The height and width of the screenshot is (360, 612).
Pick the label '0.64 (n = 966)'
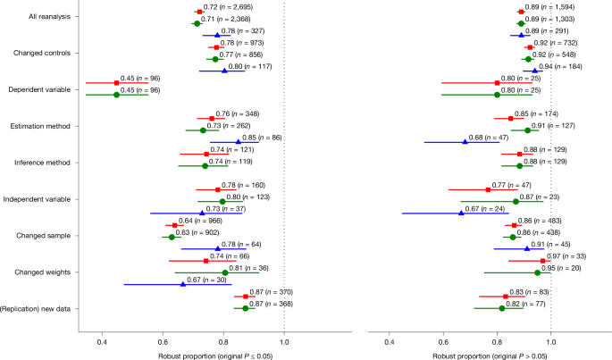[x=199, y=221]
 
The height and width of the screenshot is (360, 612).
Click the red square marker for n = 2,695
[x=198, y=12]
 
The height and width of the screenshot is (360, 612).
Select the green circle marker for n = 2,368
[x=197, y=23]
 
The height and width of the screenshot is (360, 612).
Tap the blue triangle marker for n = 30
[x=183, y=284]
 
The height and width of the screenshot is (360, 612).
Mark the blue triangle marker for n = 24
[x=461, y=213]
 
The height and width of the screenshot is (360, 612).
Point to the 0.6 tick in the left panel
[x=163, y=341]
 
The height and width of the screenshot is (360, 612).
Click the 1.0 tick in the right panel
[x=551, y=341]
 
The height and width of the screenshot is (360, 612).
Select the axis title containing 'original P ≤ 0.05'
[x=194, y=354]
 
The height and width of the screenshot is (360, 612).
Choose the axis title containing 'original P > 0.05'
[x=480, y=354]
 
